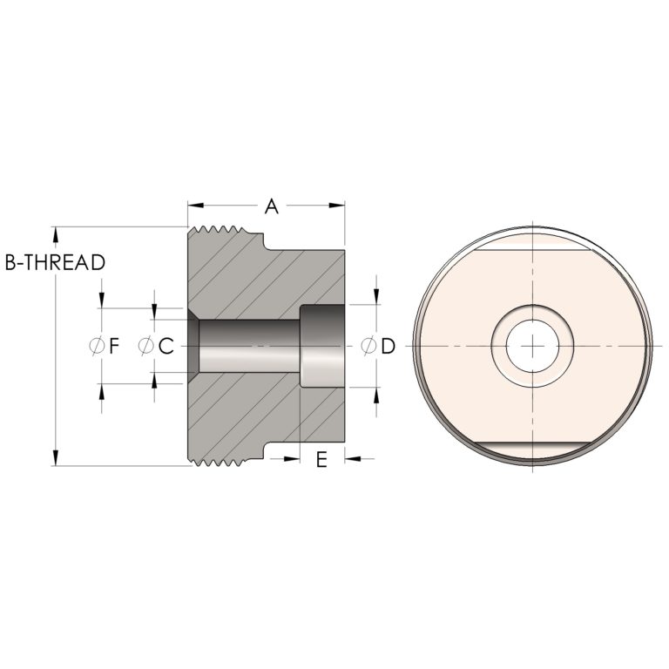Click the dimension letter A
point(272,206)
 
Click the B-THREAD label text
point(55,262)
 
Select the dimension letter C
point(166,346)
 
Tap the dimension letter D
point(388,346)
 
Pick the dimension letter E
point(321,460)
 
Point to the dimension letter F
point(113,346)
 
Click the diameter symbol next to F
point(97,346)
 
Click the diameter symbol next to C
point(146,346)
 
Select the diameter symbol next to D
point(368,346)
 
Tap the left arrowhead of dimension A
point(195,206)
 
